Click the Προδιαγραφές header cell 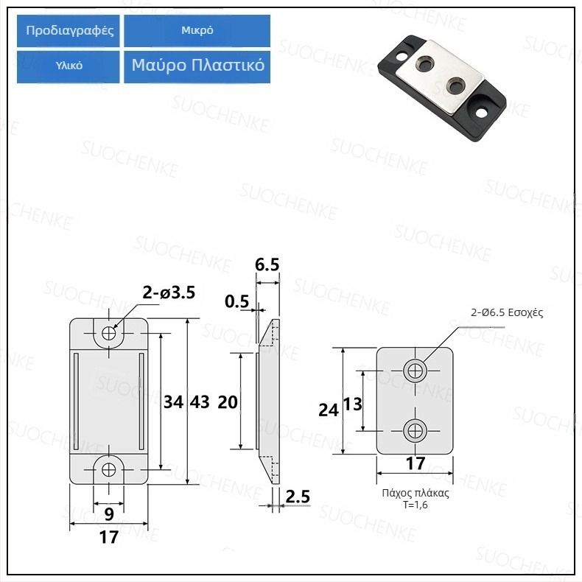coord(69,31)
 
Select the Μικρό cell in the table coord(197,31)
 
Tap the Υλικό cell coord(69,66)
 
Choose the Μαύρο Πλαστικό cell coord(197,66)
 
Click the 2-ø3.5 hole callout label coord(169,293)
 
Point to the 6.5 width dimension coord(267,264)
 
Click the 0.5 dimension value coord(236,301)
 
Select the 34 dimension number coord(173,402)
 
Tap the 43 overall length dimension coord(200,402)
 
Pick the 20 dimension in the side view coord(228,402)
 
